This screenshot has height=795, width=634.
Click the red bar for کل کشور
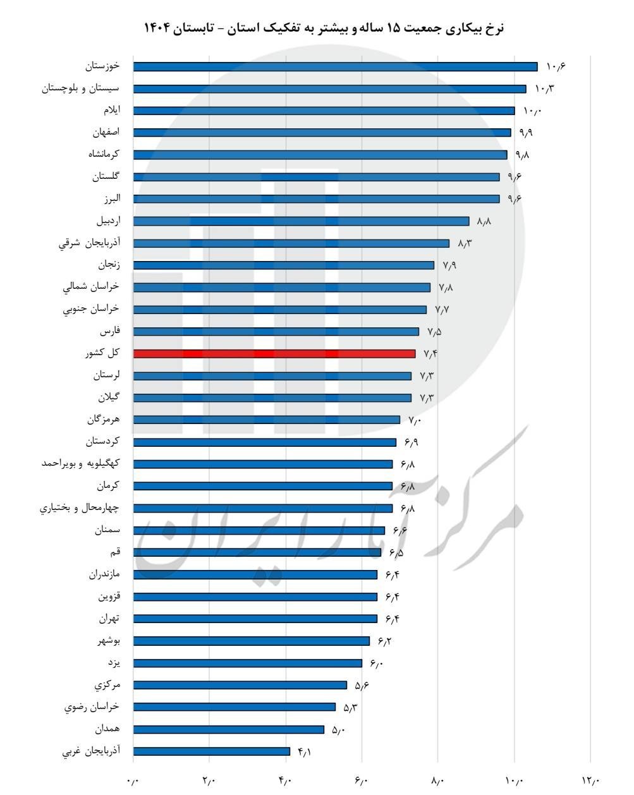point(274,354)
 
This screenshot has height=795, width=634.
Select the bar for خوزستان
point(335,66)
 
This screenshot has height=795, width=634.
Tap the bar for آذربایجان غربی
point(212,751)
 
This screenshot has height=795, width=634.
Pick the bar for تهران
point(255,619)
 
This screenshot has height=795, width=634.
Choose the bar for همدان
point(229,729)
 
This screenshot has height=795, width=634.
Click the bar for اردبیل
point(302,221)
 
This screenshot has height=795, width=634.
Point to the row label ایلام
point(111,111)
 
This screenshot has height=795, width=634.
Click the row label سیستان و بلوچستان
point(80,88)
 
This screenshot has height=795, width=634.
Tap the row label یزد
point(114,663)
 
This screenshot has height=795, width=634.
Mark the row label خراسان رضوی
point(92,707)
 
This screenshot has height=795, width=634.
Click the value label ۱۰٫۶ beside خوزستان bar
point(554,66)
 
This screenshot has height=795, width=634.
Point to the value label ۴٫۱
point(304,751)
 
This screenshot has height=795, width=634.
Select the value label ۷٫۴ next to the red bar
point(430,354)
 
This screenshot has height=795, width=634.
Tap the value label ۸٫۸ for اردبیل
point(484,221)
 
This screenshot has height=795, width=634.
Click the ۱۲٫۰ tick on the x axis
point(590,781)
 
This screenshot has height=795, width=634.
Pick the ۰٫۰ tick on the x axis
point(133,781)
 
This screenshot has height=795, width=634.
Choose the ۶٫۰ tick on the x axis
point(362,781)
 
